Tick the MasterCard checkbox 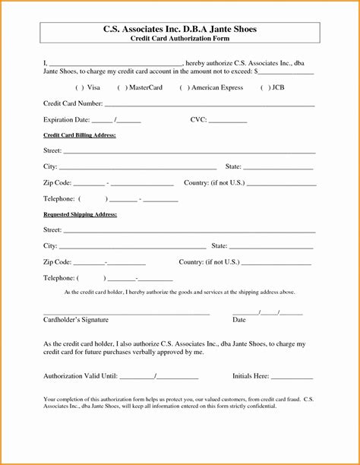click(x=121, y=87)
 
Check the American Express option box click(x=184, y=87)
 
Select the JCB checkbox click(x=265, y=87)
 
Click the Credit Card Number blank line click(x=209, y=105)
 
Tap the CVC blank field click(x=227, y=121)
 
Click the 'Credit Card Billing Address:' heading click(x=79, y=134)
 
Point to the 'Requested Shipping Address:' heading click(x=80, y=214)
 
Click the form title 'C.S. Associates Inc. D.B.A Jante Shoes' click(x=180, y=29)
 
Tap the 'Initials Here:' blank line click(x=292, y=377)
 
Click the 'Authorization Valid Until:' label click(x=80, y=376)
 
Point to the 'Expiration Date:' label click(x=67, y=120)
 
